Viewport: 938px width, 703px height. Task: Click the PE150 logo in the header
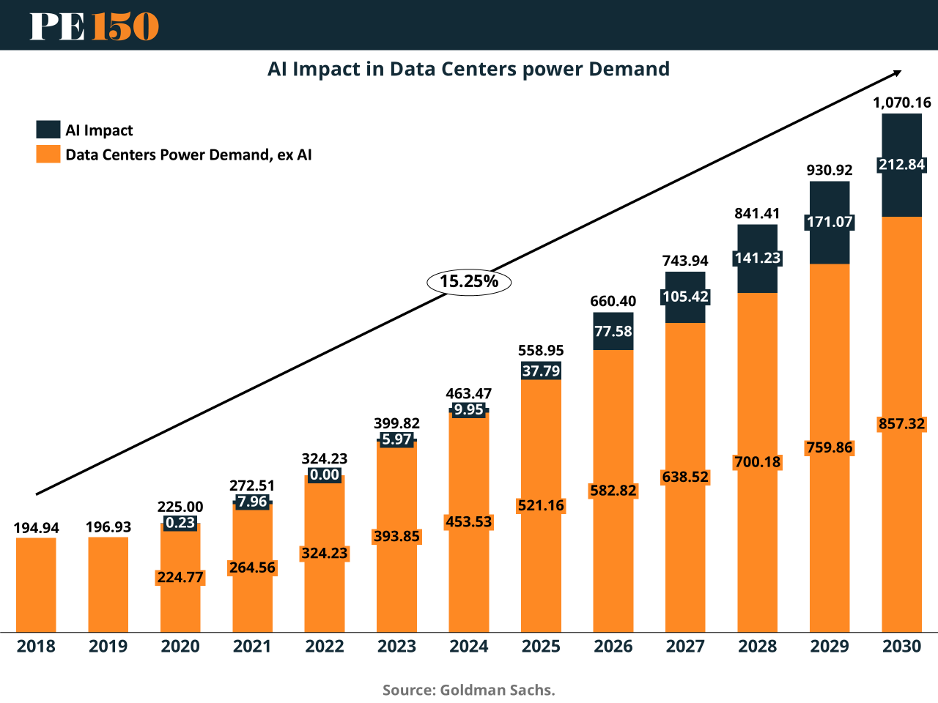(94, 26)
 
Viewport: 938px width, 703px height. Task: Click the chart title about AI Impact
(468, 69)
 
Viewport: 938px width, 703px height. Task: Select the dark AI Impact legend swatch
(48, 130)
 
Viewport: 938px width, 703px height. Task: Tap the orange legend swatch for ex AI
(48, 154)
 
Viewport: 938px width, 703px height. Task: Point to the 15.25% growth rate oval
(469, 281)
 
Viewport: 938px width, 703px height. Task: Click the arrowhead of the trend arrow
(897, 72)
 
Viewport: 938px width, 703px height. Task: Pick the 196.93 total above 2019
(108, 527)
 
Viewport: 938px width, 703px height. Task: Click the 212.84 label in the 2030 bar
(901, 164)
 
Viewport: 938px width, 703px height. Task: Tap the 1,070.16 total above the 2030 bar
(901, 103)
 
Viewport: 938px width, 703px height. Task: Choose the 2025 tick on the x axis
(541, 646)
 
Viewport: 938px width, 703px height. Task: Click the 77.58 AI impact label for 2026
(613, 331)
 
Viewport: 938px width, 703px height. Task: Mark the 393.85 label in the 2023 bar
(396, 536)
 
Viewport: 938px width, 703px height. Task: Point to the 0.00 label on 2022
(325, 475)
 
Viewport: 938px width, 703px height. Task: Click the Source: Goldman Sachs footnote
(468, 690)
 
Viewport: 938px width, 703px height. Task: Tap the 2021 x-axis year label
(252, 646)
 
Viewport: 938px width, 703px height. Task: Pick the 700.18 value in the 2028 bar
(757, 462)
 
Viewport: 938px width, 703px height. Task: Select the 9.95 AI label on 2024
(468, 409)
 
